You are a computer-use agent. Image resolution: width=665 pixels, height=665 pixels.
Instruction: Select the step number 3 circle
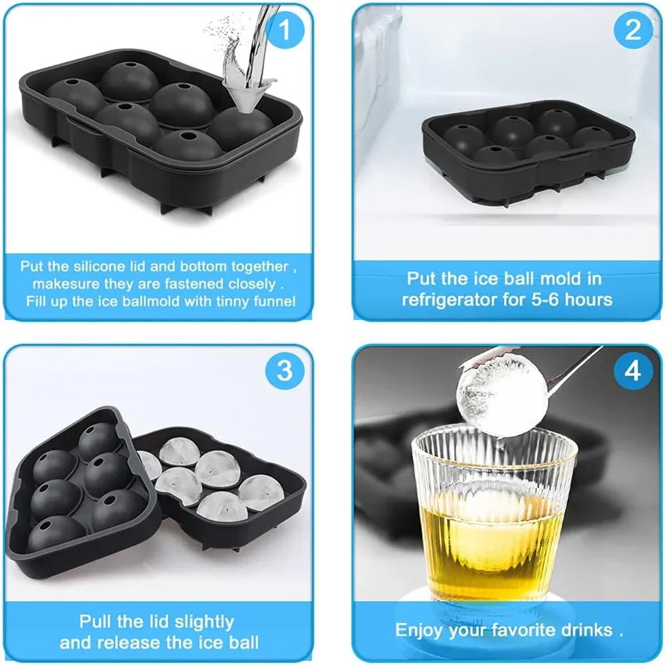285,370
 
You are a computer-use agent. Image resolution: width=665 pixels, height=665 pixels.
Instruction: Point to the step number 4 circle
632,370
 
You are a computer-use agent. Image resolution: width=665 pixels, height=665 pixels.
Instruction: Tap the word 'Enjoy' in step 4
420,630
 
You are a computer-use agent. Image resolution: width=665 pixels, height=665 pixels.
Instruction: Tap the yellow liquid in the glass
492,545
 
